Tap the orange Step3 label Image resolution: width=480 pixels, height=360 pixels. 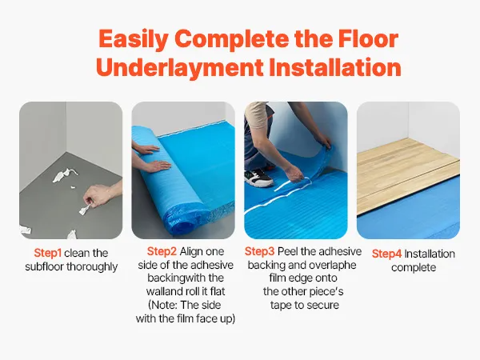pyautogui.click(x=266, y=251)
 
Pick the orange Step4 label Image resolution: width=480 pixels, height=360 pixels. pyautogui.click(x=387, y=254)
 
